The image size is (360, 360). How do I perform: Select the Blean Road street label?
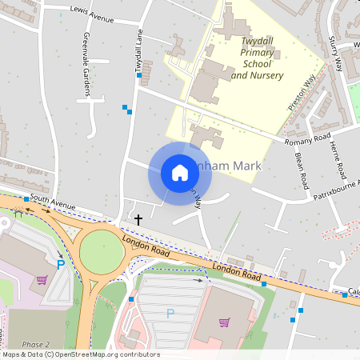[302, 170]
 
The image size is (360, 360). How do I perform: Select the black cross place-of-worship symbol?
[138, 218]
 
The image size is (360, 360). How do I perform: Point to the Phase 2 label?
[36, 344]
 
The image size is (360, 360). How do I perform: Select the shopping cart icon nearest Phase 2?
[42, 280]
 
